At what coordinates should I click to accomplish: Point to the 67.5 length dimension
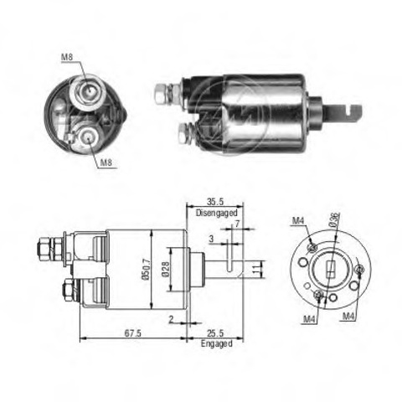[134, 333]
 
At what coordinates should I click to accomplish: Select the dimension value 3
[211, 239]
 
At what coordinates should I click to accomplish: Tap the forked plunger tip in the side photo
[348, 109]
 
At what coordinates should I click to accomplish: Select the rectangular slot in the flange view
[330, 270]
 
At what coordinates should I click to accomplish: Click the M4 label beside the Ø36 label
[299, 221]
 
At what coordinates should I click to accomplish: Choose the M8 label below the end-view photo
[106, 162]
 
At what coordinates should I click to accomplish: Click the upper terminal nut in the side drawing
[45, 248]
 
